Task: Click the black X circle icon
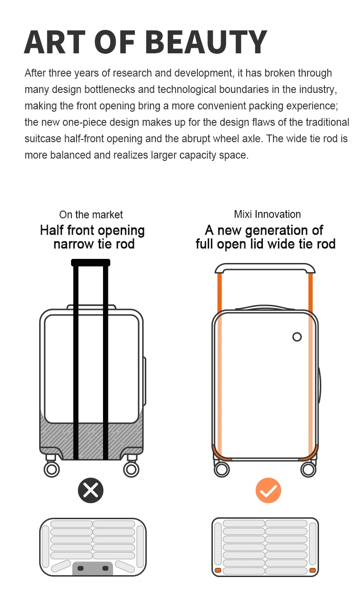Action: (x=91, y=490)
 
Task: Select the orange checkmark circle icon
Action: (x=268, y=490)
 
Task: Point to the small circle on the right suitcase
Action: (x=297, y=337)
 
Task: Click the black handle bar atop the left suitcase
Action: (x=91, y=263)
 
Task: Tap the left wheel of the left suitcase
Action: (x=51, y=469)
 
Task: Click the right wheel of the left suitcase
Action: (x=131, y=469)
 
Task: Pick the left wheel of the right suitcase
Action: (x=222, y=469)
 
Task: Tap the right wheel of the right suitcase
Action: (x=308, y=469)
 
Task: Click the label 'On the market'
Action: (x=91, y=215)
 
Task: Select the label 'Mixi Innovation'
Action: (x=267, y=214)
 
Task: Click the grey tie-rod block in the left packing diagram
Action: (x=93, y=568)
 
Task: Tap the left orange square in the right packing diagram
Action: (x=218, y=570)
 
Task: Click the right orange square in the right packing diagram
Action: (x=313, y=570)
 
